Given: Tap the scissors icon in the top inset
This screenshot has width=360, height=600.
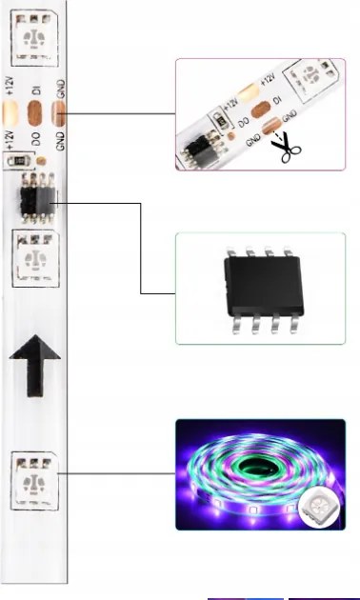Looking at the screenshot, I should point(283,148).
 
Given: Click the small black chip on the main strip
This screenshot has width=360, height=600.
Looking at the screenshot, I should point(35,200).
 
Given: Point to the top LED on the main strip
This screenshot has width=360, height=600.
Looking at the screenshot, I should point(35,39).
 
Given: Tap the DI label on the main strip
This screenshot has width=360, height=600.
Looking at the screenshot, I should point(35,92).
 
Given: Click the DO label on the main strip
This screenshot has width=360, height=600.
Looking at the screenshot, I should point(35,138).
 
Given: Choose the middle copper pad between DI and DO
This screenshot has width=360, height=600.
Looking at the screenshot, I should point(35,115).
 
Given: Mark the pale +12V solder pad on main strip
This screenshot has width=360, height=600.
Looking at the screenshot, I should point(10,115).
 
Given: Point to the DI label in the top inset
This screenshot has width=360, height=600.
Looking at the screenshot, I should point(277,100).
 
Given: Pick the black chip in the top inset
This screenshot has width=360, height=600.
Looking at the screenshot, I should point(202,148).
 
